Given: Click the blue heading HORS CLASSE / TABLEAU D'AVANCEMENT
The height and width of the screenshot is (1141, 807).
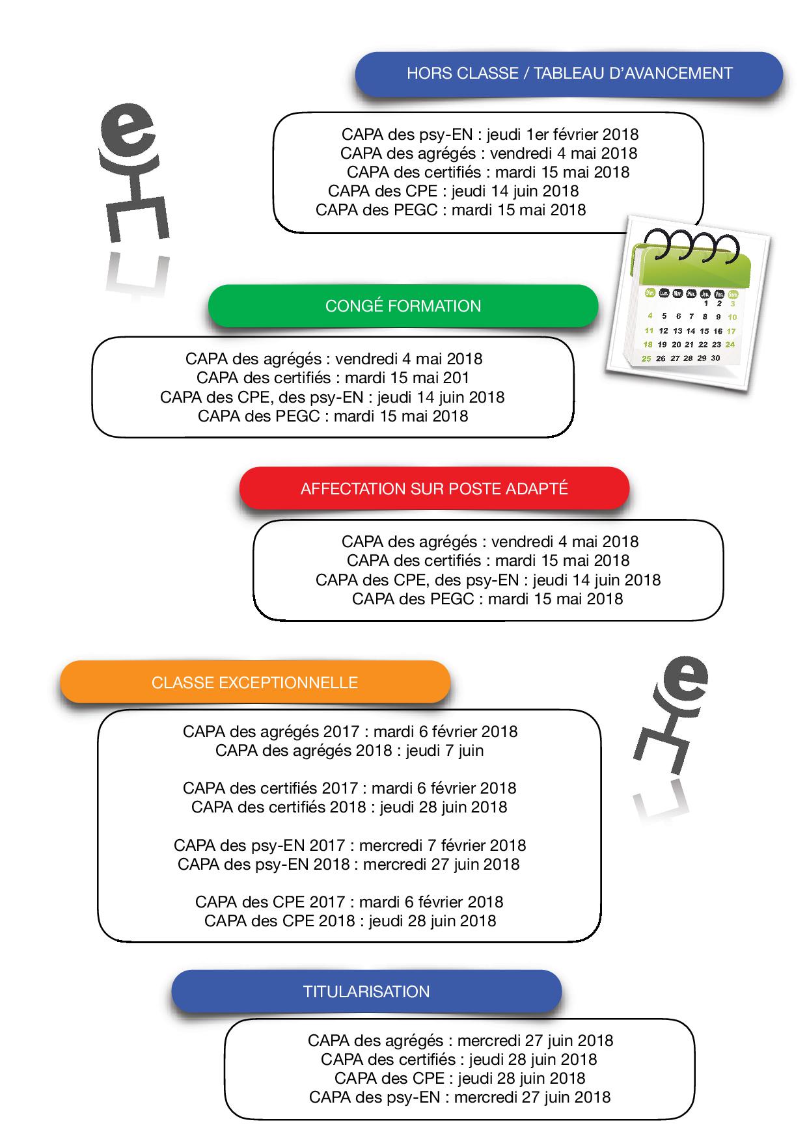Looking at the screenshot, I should (x=569, y=74).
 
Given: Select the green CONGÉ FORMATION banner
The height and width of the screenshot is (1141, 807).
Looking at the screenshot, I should (x=403, y=306).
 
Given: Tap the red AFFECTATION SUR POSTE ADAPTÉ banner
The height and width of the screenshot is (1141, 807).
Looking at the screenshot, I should (x=434, y=489).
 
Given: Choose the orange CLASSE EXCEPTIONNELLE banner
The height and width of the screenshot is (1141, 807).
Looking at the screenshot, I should (x=254, y=683).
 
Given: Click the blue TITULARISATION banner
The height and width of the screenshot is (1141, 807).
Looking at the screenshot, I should (x=366, y=992).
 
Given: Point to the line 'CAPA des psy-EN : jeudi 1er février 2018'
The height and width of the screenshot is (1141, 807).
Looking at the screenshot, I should (x=489, y=135).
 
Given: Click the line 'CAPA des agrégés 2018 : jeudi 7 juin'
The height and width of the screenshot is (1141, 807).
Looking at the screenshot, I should (x=349, y=751).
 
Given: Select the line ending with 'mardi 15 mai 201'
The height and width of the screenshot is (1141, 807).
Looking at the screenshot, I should (x=333, y=378).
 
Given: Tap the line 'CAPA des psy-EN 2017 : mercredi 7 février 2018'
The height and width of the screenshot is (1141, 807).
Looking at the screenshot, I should (x=349, y=846).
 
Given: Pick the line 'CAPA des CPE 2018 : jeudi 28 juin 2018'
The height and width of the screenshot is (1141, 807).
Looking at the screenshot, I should (x=349, y=921).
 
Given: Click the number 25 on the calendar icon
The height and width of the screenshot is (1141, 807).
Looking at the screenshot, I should (x=646, y=358).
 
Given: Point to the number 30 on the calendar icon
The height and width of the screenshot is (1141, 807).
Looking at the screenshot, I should (x=715, y=358).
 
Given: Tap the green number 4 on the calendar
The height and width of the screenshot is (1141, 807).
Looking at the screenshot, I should (x=650, y=315).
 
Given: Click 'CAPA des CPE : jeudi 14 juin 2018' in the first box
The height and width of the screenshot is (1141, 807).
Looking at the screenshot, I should (x=453, y=191).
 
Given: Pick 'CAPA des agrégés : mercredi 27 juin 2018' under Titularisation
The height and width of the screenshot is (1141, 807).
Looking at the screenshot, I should (x=460, y=1041).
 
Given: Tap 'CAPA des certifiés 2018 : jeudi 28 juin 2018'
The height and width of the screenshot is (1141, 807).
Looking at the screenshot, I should (x=349, y=807).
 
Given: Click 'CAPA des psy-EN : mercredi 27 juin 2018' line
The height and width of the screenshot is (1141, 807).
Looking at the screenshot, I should (x=459, y=1097).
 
